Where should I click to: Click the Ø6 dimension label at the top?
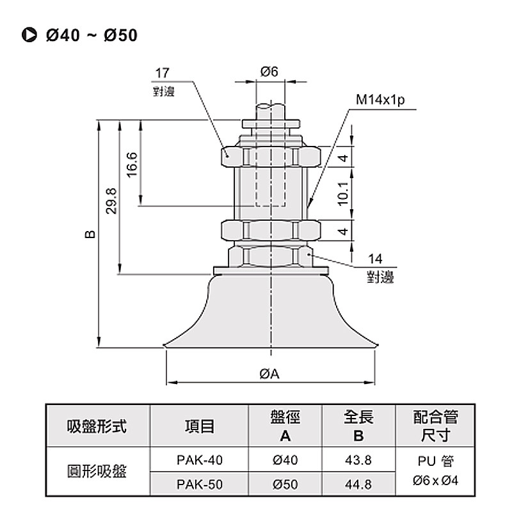point(269,72)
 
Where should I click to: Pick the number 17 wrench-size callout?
point(161,74)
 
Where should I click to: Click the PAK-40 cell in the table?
point(199,459)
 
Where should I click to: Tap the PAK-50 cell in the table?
point(199,484)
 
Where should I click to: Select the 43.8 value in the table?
point(358,459)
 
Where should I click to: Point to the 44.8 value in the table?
point(358,484)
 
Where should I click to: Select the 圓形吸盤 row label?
point(97,472)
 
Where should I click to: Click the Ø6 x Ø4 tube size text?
point(436,480)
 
